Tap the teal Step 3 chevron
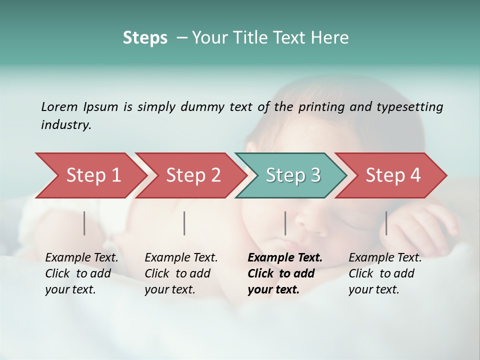click(293, 175)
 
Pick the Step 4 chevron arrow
click(393, 175)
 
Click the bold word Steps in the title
click(145, 38)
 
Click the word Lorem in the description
click(59, 106)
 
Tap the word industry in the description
click(66, 125)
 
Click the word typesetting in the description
click(409, 106)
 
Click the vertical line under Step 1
click(84, 223)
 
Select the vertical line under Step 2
click(184, 223)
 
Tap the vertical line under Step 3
click(285, 223)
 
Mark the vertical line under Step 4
click(386, 223)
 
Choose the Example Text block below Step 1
click(81, 273)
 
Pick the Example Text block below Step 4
click(385, 273)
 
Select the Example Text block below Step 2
click(181, 273)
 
